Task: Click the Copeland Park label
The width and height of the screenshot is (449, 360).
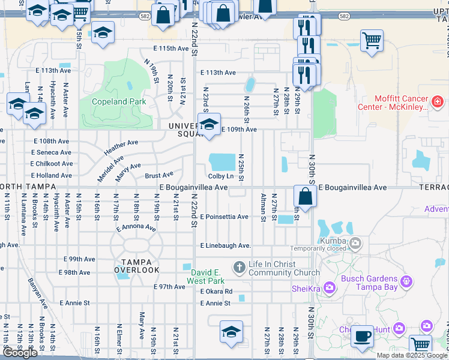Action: click(119, 102)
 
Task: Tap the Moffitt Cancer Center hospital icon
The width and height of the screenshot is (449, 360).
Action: click(438, 101)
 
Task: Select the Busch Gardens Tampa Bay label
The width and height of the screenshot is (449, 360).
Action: click(369, 283)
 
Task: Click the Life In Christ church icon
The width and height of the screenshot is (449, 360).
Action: click(239, 266)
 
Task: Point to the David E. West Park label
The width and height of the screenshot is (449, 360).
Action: click(205, 277)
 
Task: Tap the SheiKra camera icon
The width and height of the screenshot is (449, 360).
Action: click(329, 289)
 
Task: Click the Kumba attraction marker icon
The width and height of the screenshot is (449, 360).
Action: click(355, 243)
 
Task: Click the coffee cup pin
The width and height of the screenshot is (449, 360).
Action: click(362, 336)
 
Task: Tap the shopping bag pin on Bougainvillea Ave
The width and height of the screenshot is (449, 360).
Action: click(306, 196)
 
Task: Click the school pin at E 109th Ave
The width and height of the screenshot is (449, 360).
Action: click(209, 124)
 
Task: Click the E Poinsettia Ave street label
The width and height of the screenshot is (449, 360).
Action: click(224, 217)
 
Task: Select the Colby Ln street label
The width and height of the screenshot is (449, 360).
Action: click(221, 176)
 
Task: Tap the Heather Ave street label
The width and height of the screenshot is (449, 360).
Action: click(121, 147)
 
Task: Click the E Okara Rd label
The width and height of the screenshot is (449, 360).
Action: click(216, 292)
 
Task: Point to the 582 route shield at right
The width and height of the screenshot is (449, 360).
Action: click(343, 16)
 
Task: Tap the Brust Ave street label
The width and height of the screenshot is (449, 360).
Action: click(159, 175)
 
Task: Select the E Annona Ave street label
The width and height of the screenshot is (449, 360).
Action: click(136, 228)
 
